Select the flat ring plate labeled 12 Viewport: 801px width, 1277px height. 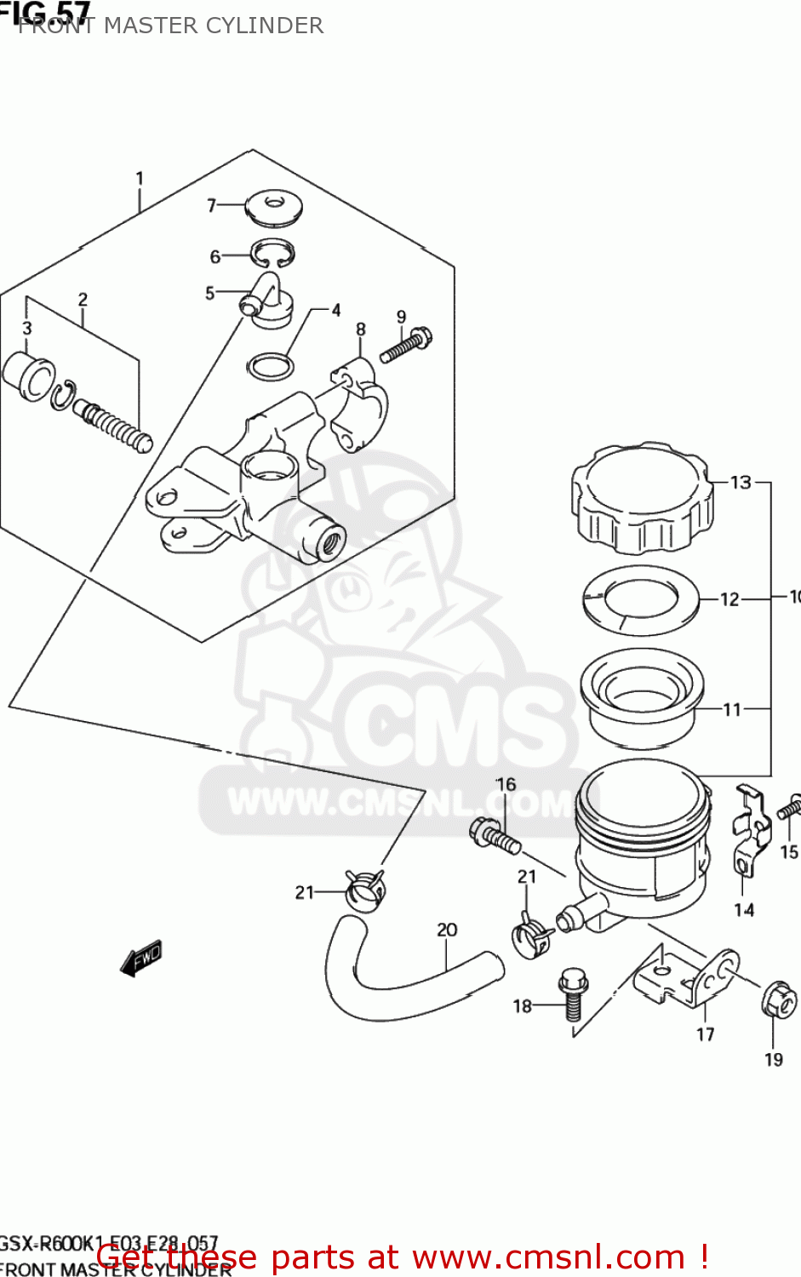click(x=641, y=599)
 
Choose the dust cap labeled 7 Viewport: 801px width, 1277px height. click(x=274, y=207)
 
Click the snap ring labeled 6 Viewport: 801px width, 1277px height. click(x=272, y=253)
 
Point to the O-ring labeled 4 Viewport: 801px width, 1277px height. click(x=270, y=368)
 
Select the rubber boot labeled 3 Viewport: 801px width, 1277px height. click(x=29, y=375)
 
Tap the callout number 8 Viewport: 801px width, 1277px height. click(x=361, y=329)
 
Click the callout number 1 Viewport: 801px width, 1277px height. click(x=140, y=179)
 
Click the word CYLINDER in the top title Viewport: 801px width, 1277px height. click(x=271, y=26)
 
